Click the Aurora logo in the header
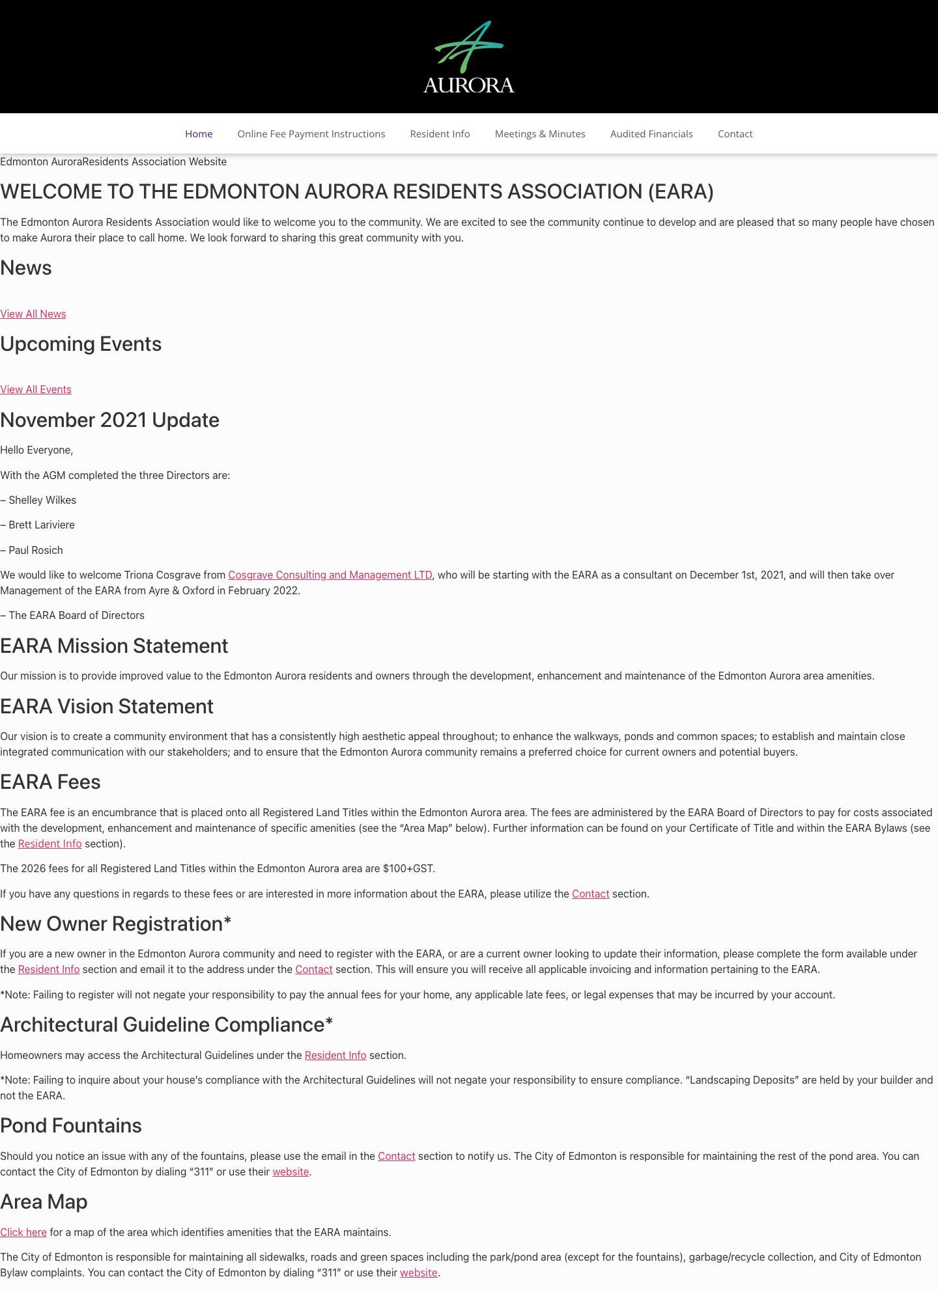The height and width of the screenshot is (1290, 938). click(468, 57)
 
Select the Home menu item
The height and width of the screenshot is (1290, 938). click(199, 134)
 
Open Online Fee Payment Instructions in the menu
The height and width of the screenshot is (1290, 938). click(311, 134)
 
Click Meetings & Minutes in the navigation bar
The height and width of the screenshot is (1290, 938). click(539, 134)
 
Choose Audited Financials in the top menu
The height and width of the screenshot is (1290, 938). click(651, 134)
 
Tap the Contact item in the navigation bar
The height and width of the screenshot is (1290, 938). click(735, 134)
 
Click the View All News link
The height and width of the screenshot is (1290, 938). click(33, 314)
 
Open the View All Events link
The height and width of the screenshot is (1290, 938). click(36, 390)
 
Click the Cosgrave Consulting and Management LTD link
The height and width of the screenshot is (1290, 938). click(330, 575)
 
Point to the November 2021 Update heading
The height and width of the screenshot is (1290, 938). click(109, 420)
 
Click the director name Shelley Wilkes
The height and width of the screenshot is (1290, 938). click(42, 501)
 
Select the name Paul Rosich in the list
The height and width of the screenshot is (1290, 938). click(36, 551)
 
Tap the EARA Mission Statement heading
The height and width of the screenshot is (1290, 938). click(114, 646)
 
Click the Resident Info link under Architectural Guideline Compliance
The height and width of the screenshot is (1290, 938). click(335, 1056)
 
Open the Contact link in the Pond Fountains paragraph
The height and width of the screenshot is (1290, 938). click(396, 1157)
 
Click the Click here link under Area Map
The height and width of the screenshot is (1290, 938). click(23, 1233)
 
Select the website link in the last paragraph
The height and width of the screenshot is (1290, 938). click(418, 1273)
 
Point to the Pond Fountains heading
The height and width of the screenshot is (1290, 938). click(71, 1126)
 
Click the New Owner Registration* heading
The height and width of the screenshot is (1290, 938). click(116, 924)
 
